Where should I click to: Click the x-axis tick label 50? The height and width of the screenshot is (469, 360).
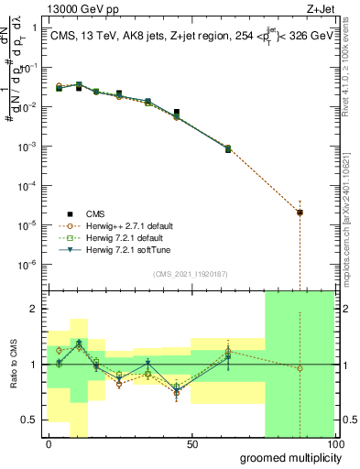click(192, 445)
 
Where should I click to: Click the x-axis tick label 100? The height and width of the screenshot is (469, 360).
click(334, 445)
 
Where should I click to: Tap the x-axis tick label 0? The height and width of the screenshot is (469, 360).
click(49, 445)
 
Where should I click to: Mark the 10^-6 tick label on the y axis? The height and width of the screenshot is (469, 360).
click(28, 265)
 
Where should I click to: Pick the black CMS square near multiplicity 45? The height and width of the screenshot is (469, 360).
click(177, 112)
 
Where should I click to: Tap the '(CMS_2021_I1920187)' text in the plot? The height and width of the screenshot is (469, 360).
click(189, 275)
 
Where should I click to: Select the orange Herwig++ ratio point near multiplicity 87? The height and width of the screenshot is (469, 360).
click(300, 368)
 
